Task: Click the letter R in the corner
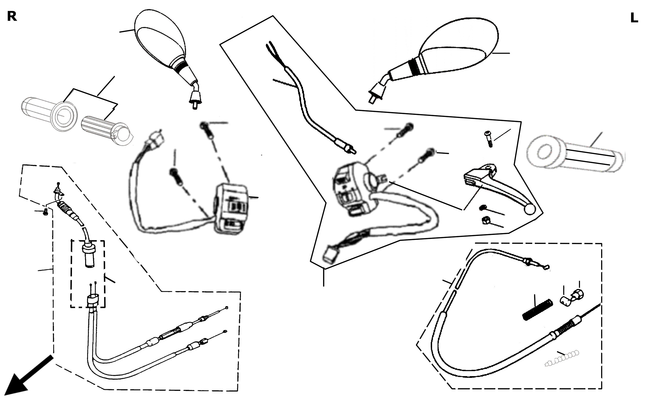12,16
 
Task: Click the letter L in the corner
634,18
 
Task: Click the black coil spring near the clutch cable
537,310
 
